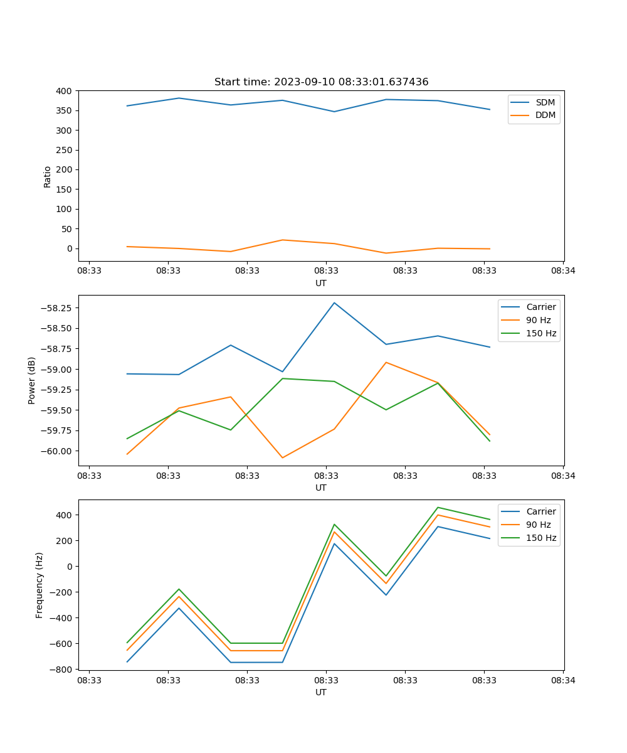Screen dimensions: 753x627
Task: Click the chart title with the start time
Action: point(321,82)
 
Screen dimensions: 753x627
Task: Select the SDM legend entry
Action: point(545,102)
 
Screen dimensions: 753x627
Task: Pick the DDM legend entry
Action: point(545,115)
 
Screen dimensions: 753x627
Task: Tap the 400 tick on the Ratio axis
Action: point(64,91)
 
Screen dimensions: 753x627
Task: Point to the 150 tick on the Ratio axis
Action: point(64,190)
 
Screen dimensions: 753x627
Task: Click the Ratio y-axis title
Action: point(48,176)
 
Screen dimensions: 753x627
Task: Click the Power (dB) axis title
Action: point(32,380)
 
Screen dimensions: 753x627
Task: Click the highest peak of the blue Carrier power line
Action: point(334,302)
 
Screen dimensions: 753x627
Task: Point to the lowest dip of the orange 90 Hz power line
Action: point(282,457)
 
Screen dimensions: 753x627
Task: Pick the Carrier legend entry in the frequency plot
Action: point(540,511)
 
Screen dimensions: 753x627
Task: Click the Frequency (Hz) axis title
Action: point(40,585)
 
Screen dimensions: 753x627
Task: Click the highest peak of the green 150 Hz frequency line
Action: point(438,507)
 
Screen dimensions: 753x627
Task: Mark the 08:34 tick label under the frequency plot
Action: point(562,680)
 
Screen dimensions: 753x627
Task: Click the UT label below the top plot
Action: point(321,283)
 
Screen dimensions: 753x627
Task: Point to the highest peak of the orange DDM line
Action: point(282,240)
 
